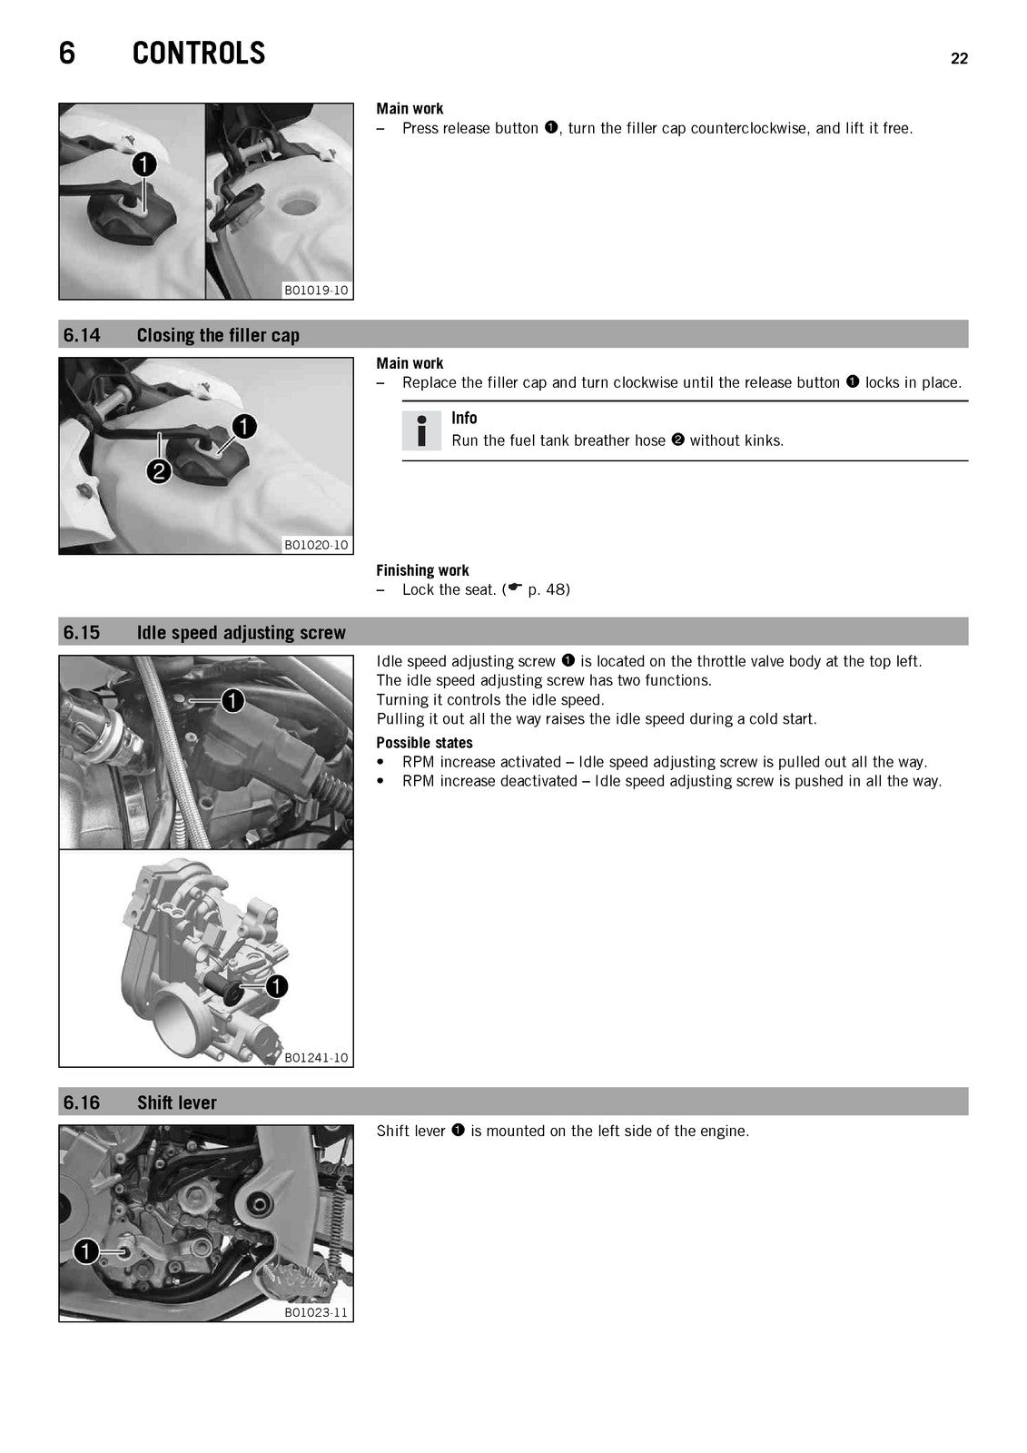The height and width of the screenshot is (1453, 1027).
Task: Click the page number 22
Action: [x=959, y=58]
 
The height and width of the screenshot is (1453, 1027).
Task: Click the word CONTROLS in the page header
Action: [x=199, y=54]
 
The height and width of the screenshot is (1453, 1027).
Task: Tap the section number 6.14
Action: [x=82, y=335]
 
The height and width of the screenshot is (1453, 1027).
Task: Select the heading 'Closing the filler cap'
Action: [x=218, y=335]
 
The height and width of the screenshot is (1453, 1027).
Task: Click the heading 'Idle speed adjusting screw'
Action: [x=242, y=632]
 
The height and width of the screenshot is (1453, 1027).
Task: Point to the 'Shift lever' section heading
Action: [x=176, y=1102]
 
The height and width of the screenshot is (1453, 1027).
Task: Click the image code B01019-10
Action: [x=316, y=290]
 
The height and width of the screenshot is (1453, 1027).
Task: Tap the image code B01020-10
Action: [x=316, y=545]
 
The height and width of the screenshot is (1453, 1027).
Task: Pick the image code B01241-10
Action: [x=316, y=1057]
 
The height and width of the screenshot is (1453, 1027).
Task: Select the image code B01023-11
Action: [x=316, y=1312]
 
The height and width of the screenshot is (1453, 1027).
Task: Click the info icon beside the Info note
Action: [x=421, y=430]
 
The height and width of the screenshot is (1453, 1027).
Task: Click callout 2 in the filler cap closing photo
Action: [x=159, y=471]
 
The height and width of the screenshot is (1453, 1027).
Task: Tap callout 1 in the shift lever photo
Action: [x=86, y=1251]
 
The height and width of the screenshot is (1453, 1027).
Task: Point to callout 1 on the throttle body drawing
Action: [x=276, y=986]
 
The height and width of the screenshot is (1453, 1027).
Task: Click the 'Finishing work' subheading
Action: [x=422, y=570]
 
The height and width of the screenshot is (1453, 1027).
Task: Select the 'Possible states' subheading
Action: [x=424, y=743]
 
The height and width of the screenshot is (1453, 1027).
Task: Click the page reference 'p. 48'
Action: [x=548, y=589]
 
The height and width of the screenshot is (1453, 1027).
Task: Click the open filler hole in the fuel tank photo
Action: [x=300, y=205]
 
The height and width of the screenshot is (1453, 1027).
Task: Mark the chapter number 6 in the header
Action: [x=67, y=54]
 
